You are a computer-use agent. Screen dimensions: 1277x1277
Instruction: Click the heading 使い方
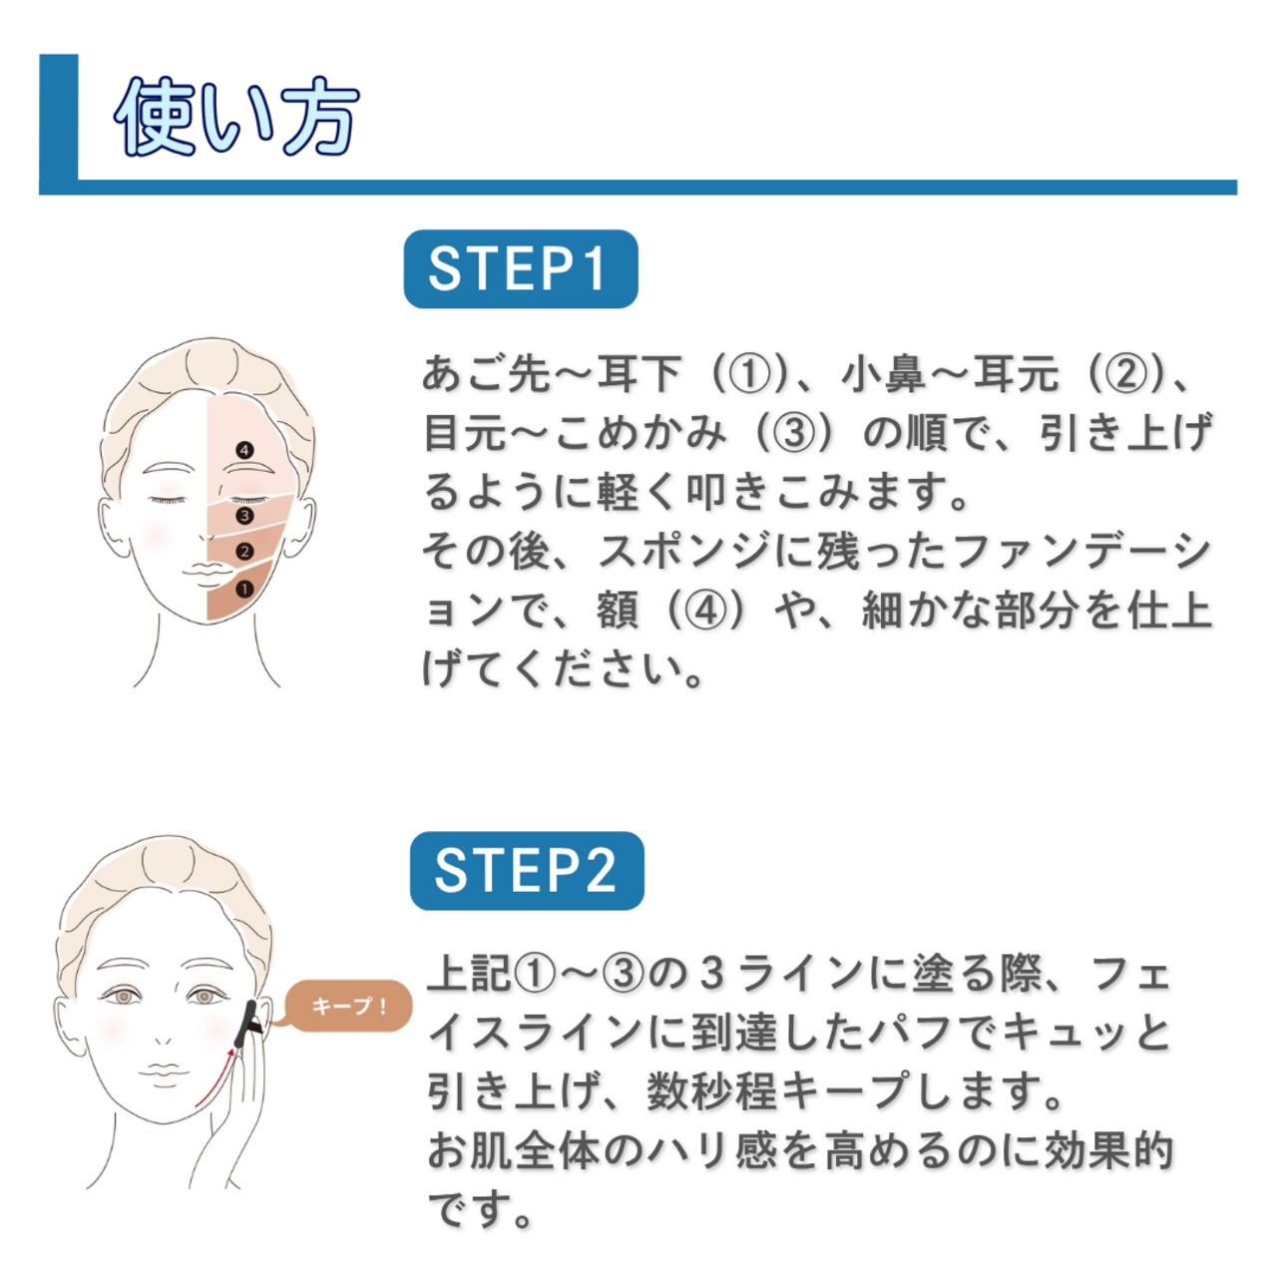tap(236, 118)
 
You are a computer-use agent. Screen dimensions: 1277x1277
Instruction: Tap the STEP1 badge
tap(520, 269)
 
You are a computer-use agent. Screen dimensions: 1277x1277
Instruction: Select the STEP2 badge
tap(527, 871)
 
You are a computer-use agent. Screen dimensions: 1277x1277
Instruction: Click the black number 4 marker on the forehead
tap(244, 450)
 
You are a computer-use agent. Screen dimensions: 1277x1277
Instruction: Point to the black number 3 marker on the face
tap(244, 516)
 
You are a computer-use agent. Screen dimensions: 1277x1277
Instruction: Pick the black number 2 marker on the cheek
tap(244, 552)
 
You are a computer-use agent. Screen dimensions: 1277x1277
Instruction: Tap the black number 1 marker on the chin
tap(244, 590)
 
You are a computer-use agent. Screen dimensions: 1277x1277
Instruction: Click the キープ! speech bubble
tap(349, 1007)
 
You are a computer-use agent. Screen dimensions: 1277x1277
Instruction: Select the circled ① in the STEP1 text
tap(750, 374)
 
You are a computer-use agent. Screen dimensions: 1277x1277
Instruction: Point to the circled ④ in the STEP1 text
tap(706, 611)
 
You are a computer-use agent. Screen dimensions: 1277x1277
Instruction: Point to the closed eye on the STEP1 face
tap(168, 496)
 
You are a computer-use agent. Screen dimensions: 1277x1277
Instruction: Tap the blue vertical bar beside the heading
tap(59, 118)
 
